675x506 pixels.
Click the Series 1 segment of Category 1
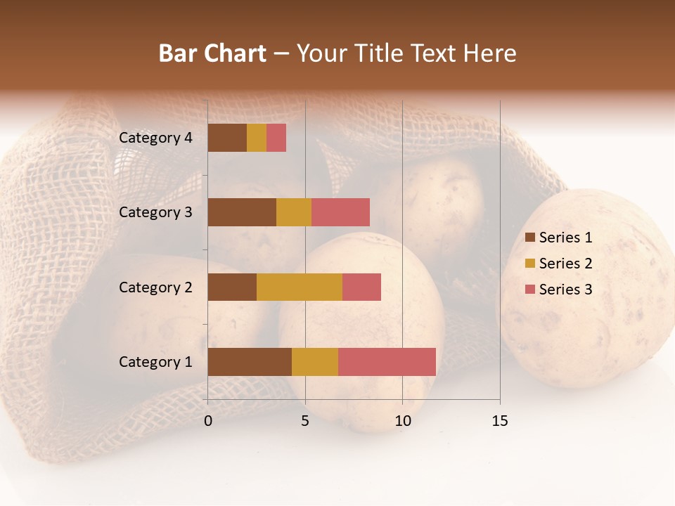[250, 361]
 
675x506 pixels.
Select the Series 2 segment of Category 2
[300, 287]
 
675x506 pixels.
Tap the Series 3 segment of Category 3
[340, 212]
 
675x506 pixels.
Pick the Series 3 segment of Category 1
[387, 361]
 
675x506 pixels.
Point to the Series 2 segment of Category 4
[257, 138]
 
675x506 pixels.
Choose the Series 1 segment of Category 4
[227, 138]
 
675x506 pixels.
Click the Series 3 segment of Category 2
[361, 287]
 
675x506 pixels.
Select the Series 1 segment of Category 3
[242, 212]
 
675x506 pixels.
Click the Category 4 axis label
[155, 138]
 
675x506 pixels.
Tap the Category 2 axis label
[155, 287]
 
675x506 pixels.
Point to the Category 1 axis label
[155, 362]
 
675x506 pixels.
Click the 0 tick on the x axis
[208, 421]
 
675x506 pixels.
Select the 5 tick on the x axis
[305, 421]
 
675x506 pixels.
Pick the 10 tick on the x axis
[402, 421]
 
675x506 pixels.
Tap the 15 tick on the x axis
[500, 421]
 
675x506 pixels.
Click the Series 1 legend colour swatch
[530, 238]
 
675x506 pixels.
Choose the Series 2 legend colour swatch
[530, 264]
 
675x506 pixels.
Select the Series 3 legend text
[565, 290]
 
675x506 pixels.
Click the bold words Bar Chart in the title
[212, 53]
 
